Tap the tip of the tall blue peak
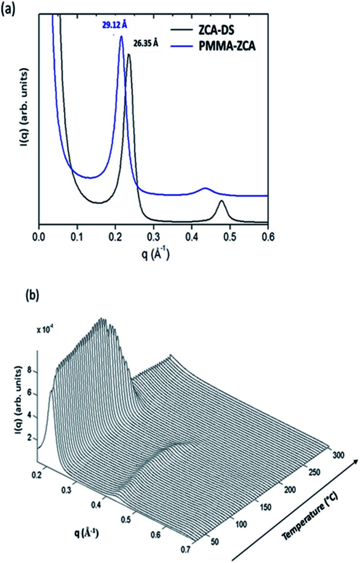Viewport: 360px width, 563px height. click(121, 36)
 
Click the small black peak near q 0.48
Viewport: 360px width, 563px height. click(221, 201)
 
